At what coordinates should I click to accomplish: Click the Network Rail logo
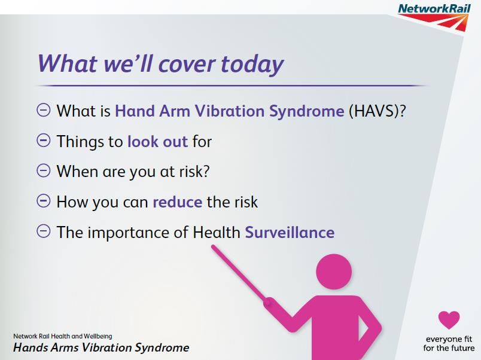click(x=434, y=17)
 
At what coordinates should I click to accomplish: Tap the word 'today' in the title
click(x=252, y=65)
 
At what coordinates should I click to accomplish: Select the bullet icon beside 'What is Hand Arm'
click(x=44, y=110)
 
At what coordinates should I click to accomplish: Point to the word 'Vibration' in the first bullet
click(x=230, y=111)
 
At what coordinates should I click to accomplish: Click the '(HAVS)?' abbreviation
click(x=378, y=111)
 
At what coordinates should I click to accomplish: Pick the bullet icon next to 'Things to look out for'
click(x=44, y=141)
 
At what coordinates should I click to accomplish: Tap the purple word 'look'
click(x=142, y=141)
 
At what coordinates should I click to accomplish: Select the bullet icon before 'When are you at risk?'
click(x=44, y=170)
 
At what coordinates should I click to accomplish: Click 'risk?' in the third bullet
click(x=194, y=171)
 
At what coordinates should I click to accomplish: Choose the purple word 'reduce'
click(x=177, y=202)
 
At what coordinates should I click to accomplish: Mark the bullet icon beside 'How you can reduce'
click(x=44, y=201)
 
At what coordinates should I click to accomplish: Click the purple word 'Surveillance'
click(x=290, y=232)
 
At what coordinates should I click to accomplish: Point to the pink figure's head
click(x=334, y=271)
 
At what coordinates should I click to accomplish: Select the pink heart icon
click(x=449, y=320)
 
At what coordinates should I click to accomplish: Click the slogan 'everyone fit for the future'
click(x=449, y=343)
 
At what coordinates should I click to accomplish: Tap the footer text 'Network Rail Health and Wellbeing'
click(x=63, y=336)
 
